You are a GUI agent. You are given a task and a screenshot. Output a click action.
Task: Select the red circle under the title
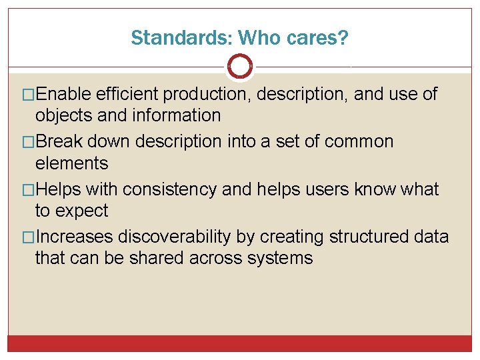tap(240, 66)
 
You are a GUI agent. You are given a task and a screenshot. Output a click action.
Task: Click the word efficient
tap(127, 94)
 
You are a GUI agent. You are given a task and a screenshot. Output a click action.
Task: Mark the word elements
tap(71, 163)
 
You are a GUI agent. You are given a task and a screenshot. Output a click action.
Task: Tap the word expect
tap(81, 211)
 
